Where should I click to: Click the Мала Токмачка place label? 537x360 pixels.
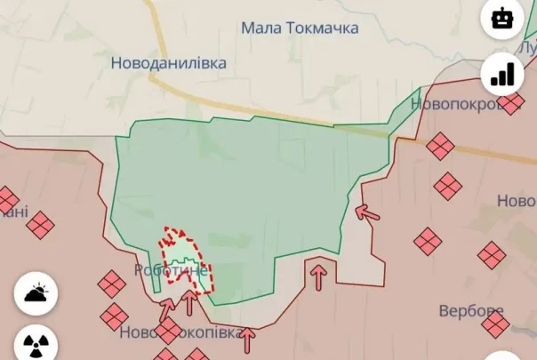(x=300, y=28)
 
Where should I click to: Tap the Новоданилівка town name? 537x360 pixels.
(x=168, y=63)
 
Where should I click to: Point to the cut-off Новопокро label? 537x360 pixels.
(x=453, y=104)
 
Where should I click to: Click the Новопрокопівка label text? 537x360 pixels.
(x=180, y=332)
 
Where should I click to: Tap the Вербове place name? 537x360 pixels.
(x=471, y=311)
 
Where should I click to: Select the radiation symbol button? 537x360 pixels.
(x=36, y=344)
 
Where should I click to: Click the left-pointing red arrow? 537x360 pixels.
(x=365, y=212)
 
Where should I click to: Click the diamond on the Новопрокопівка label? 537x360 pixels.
(x=167, y=331)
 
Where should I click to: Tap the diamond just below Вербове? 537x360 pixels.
(x=495, y=324)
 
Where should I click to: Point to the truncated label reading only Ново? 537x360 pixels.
(x=516, y=201)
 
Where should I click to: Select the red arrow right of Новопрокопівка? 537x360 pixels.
(x=248, y=337)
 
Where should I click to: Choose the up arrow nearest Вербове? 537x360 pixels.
(x=317, y=274)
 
